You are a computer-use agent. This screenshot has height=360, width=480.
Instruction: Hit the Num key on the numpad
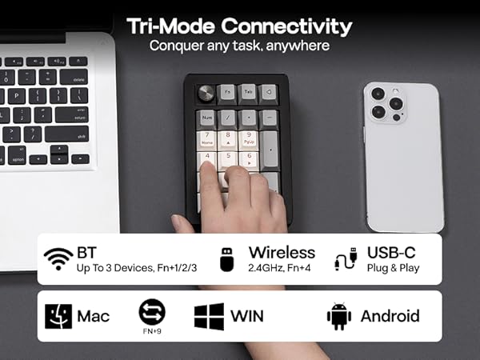tap(207, 118)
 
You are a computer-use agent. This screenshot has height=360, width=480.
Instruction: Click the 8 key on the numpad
tap(228, 138)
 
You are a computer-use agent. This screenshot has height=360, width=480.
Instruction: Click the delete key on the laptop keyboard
tap(78, 80)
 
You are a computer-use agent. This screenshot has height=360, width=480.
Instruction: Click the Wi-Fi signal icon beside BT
tap(58, 258)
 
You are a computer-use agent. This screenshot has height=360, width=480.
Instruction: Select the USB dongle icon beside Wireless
tap(226, 258)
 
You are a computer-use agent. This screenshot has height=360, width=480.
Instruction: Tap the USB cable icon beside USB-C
tap(346, 258)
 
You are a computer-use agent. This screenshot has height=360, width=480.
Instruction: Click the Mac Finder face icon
tap(58, 316)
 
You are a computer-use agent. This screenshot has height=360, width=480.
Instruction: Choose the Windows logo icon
tap(208, 316)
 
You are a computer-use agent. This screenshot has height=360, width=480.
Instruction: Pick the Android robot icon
tap(338, 316)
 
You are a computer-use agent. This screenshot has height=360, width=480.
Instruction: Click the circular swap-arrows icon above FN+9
tap(151, 311)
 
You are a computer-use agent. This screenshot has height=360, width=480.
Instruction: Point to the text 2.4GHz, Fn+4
tap(282, 268)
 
